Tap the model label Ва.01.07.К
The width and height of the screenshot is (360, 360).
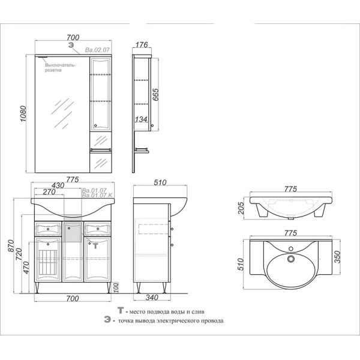94,196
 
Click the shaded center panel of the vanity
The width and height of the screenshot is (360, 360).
72,232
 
